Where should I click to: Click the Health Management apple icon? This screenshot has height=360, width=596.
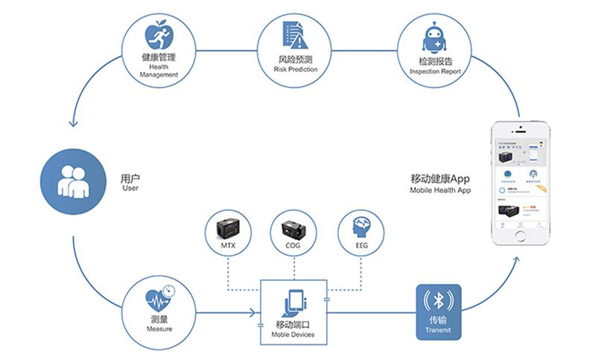point(157,34)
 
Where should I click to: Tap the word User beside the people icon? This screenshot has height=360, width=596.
point(130,188)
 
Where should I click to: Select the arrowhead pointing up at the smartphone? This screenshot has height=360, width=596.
point(516,258)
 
